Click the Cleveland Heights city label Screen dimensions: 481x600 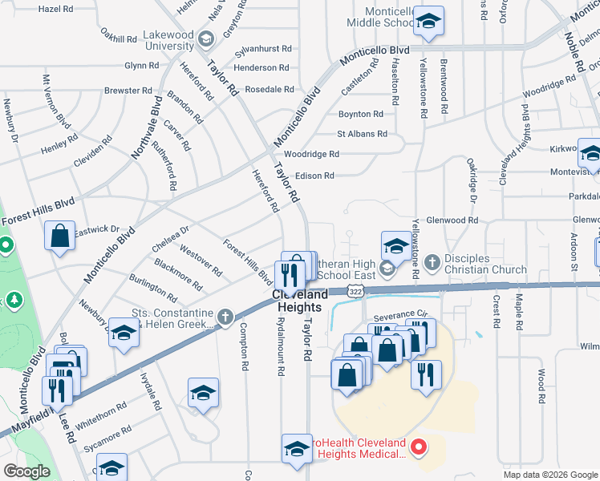point(301,301)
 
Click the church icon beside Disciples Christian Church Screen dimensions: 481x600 point(432,261)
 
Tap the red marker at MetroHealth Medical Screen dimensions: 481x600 point(417,446)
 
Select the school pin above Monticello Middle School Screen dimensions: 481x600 point(430,22)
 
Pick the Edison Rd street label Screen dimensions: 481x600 point(314,176)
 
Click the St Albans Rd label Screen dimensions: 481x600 point(362,134)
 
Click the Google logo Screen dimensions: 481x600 point(26,471)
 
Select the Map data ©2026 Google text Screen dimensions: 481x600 point(549,475)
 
